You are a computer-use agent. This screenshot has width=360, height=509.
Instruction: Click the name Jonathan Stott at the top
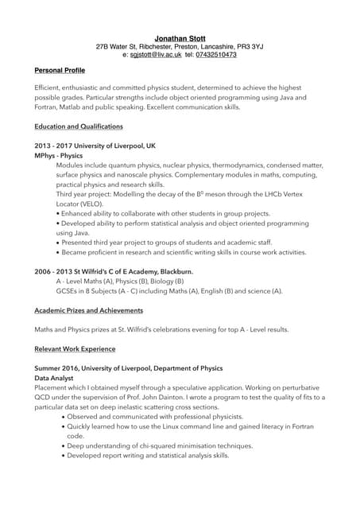(x=179, y=37)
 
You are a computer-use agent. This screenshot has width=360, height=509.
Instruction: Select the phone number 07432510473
(x=215, y=55)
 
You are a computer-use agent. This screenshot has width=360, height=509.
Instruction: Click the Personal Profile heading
(x=60, y=71)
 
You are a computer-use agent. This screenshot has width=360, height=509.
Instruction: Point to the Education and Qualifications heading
(x=79, y=127)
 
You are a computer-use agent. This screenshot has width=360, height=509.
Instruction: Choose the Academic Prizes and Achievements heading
(x=89, y=310)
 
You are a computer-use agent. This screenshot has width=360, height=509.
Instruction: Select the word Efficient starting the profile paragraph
(x=52, y=87)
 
